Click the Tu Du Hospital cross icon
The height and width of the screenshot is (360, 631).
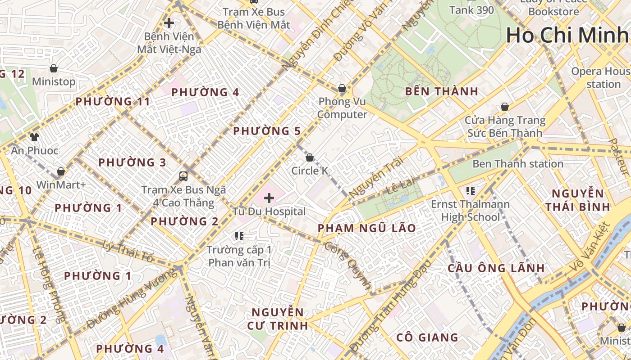(269, 198)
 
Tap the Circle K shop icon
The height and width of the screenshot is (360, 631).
(310, 157)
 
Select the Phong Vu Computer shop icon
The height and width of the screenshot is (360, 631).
(342, 88)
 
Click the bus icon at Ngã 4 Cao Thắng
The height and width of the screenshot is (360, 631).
(183, 176)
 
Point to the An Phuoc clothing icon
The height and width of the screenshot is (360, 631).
(34, 137)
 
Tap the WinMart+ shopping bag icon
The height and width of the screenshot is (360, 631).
(61, 171)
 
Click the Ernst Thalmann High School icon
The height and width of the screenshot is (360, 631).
(471, 191)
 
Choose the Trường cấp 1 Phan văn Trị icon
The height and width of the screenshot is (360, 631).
(239, 236)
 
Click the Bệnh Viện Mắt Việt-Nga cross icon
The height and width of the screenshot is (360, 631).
(169, 22)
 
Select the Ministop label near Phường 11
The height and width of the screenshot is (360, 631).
(54, 81)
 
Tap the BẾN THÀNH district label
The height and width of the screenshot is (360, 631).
(441, 91)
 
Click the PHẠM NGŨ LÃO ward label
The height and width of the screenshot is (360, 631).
(367, 228)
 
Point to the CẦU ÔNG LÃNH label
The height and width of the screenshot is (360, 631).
(496, 268)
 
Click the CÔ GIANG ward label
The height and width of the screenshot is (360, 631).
(427, 337)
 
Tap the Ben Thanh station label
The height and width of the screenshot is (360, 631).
(517, 164)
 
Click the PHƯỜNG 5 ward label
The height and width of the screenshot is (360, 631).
(266, 131)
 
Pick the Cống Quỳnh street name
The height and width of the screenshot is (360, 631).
(348, 265)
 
